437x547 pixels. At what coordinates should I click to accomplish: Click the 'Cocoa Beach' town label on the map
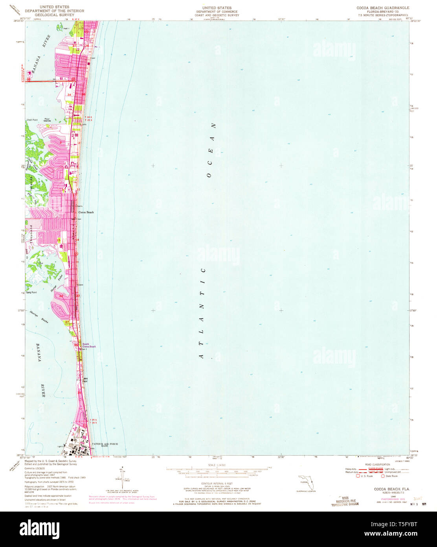tap(86, 212)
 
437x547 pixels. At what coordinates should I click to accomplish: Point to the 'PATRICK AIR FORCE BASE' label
tap(105, 445)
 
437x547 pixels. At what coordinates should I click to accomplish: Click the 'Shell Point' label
tap(32, 120)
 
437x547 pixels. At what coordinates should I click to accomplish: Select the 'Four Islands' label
tap(47, 120)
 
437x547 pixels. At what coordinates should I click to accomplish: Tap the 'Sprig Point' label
tap(31, 292)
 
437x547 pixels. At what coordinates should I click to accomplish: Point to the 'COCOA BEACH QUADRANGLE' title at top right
tap(382, 7)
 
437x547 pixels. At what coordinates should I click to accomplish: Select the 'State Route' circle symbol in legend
tap(383, 476)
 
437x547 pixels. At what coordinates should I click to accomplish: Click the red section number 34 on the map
tap(69, 95)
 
